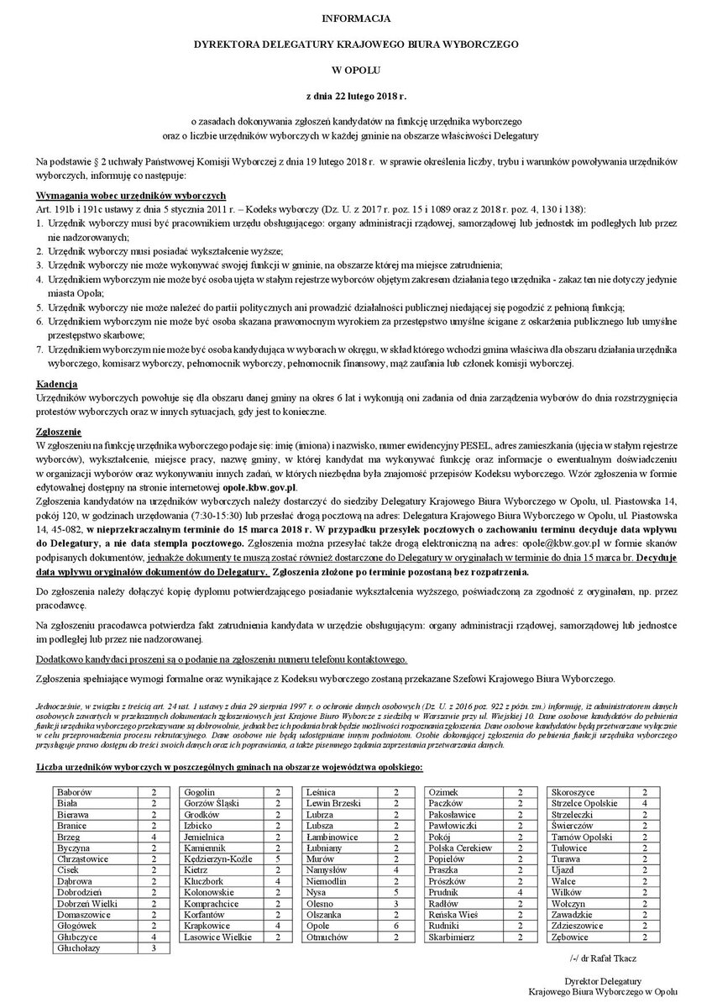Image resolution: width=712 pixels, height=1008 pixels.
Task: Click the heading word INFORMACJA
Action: [x=356, y=17]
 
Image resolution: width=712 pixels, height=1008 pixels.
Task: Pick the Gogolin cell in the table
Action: [x=200, y=792]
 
